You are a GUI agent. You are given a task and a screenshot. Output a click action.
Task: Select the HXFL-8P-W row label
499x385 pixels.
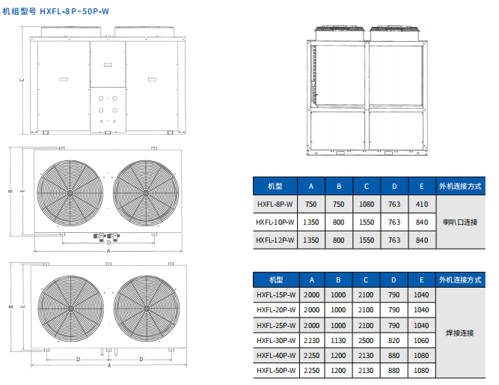pyautogui.click(x=275, y=204)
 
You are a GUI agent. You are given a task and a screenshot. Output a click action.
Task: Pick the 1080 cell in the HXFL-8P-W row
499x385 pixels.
pyautogui.click(x=367, y=204)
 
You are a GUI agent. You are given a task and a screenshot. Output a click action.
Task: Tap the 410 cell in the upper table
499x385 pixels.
pyautogui.click(x=422, y=204)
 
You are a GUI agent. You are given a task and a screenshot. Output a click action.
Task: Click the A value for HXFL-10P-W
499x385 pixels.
pyautogui.click(x=311, y=222)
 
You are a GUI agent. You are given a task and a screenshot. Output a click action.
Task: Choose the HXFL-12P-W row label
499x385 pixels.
pyautogui.click(x=275, y=240)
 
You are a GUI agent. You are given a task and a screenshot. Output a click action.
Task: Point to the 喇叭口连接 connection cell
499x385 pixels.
pyautogui.click(x=460, y=222)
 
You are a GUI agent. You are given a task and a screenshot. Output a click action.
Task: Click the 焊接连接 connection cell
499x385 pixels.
pyautogui.click(x=460, y=333)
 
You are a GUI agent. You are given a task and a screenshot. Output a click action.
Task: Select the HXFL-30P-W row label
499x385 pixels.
pyautogui.click(x=276, y=341)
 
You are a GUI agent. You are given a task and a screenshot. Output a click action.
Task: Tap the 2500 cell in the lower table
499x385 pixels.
pyautogui.click(x=366, y=341)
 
